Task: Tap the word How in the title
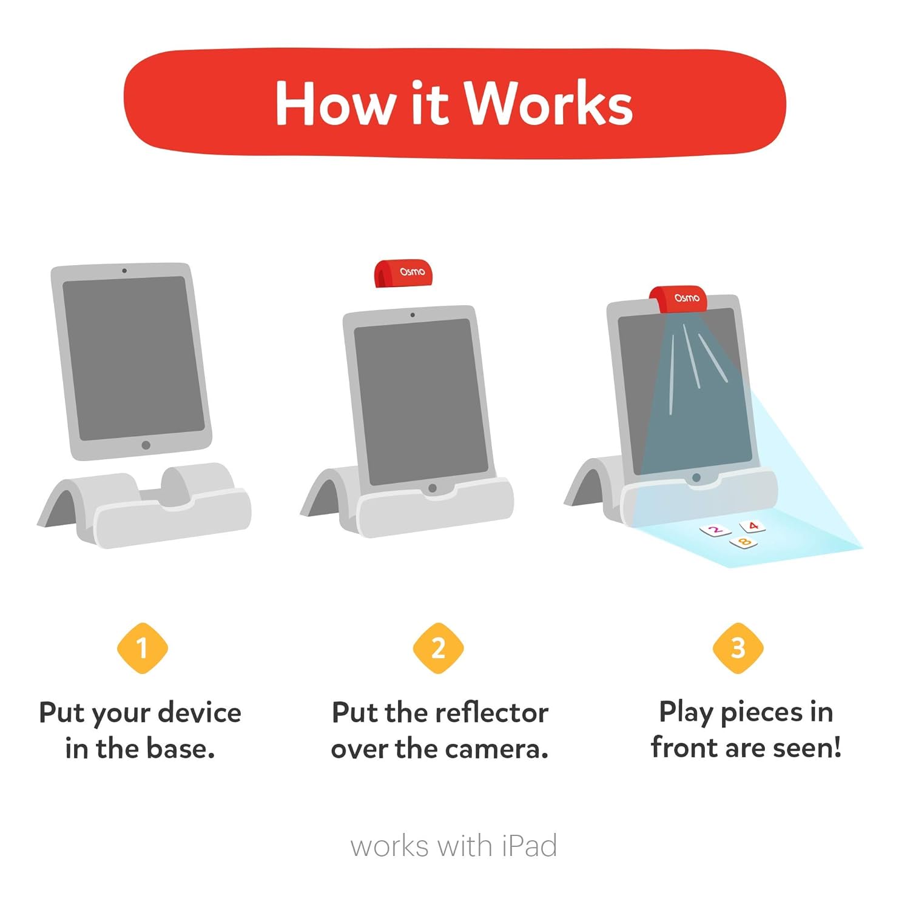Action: (x=334, y=104)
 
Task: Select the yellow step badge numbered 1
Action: (x=142, y=648)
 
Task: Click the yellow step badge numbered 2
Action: (x=438, y=648)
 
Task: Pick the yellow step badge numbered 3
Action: (x=738, y=648)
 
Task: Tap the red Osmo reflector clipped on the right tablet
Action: (x=679, y=299)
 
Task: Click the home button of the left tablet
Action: (x=146, y=445)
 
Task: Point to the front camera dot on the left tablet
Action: (x=124, y=271)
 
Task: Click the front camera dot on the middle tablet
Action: (x=413, y=315)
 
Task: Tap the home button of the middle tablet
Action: (x=432, y=488)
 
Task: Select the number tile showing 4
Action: (x=752, y=526)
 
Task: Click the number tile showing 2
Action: (x=715, y=531)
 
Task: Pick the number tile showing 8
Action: (x=744, y=542)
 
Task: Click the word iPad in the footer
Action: (x=529, y=846)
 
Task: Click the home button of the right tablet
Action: (x=696, y=477)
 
